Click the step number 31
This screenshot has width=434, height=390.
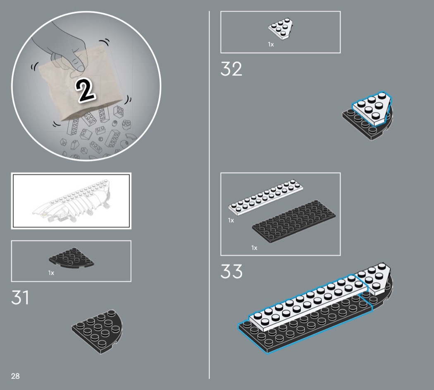click(x=20, y=297)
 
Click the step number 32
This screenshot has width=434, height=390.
click(x=231, y=69)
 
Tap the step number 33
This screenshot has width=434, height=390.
click(x=231, y=271)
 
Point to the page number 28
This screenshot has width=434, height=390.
click(x=15, y=376)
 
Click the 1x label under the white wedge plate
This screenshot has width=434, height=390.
click(x=271, y=44)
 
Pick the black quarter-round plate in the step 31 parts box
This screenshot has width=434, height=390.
click(x=71, y=258)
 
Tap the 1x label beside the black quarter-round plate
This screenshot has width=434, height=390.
click(x=51, y=273)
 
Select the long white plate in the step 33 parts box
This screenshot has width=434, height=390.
click(x=265, y=197)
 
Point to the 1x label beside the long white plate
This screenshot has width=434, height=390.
click(x=231, y=220)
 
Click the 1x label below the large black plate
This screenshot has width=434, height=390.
click(x=254, y=248)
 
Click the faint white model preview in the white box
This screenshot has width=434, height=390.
click(x=72, y=201)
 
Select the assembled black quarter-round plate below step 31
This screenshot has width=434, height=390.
click(x=97, y=332)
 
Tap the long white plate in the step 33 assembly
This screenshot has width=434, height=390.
click(x=307, y=303)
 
